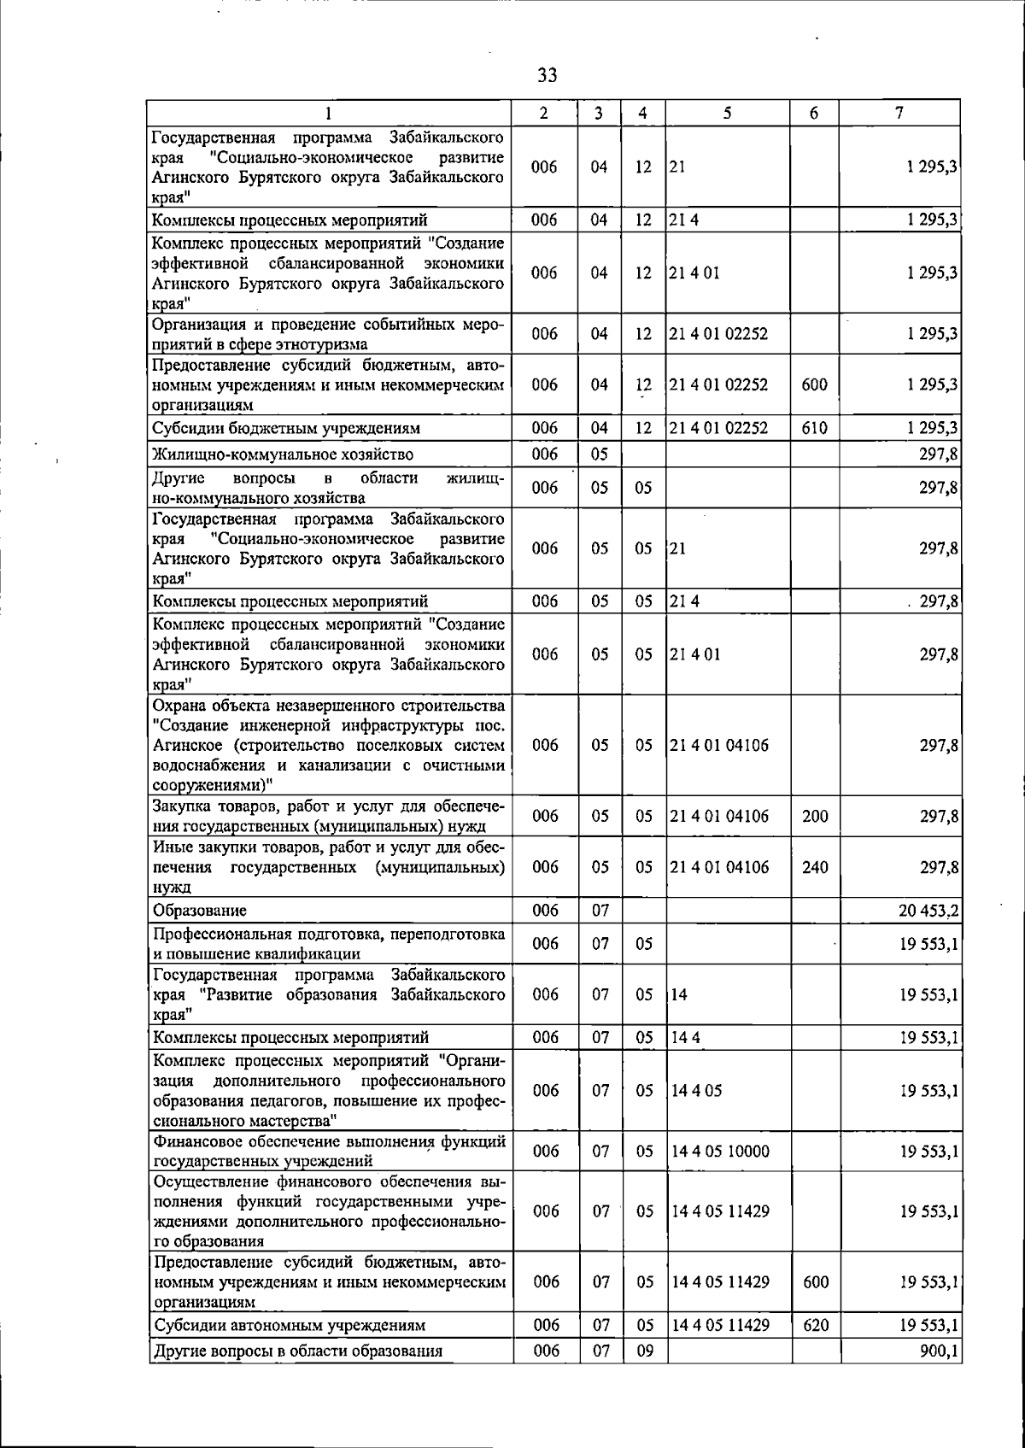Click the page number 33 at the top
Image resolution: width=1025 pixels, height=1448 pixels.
(548, 75)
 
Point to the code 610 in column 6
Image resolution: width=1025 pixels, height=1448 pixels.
(815, 428)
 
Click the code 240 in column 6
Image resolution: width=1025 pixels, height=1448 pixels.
(815, 867)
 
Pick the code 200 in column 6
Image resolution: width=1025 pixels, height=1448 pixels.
(815, 816)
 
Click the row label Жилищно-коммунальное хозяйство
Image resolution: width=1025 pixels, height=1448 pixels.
(283, 454)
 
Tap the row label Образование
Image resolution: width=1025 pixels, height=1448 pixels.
(200, 911)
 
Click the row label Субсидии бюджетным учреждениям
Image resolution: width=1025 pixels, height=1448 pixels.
(286, 428)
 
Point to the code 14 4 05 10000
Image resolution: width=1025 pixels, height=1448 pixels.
(720, 1152)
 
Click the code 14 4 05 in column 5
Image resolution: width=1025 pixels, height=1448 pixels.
(696, 1091)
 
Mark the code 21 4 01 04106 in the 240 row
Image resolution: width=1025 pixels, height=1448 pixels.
(719, 867)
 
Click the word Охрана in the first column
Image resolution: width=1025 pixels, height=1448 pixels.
(177, 706)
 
